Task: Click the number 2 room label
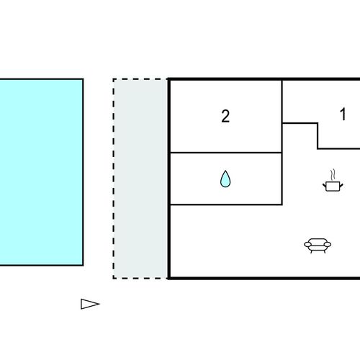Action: (x=225, y=117)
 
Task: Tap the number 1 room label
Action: (x=343, y=114)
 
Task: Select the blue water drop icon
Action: (x=225, y=179)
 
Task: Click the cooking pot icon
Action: (x=333, y=186)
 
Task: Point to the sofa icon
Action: (x=318, y=246)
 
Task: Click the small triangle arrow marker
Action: (x=90, y=304)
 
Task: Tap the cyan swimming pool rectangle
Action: (x=42, y=172)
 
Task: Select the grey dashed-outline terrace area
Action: (x=140, y=179)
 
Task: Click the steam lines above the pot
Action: (x=333, y=175)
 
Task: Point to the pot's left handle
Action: (x=325, y=186)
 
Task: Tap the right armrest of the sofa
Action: (x=328, y=245)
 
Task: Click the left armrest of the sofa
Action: (x=307, y=245)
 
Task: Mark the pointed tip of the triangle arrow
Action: (x=99, y=304)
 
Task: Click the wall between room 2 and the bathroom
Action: (x=226, y=153)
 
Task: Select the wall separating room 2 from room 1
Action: (x=282, y=102)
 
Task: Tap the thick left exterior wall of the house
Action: (x=169, y=179)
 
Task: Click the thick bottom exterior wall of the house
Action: (x=264, y=278)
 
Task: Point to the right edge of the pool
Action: (x=83, y=172)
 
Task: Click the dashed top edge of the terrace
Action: (x=140, y=79)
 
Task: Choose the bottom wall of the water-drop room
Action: (x=226, y=204)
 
